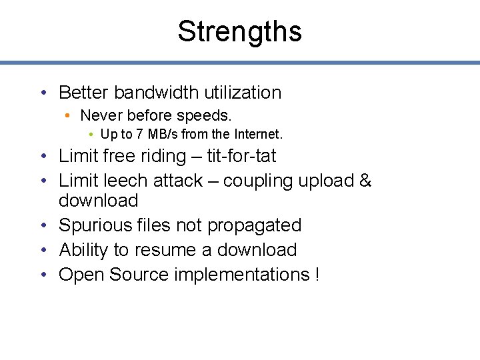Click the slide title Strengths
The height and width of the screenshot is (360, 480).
[239, 31]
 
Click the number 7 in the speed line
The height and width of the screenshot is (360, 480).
[139, 134]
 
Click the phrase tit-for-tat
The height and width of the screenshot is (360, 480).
[241, 156]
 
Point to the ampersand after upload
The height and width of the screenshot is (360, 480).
[365, 181]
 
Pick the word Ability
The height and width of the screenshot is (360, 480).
[84, 250]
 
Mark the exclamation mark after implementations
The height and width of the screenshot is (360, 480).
[316, 275]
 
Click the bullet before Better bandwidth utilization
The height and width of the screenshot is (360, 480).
[43, 93]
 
